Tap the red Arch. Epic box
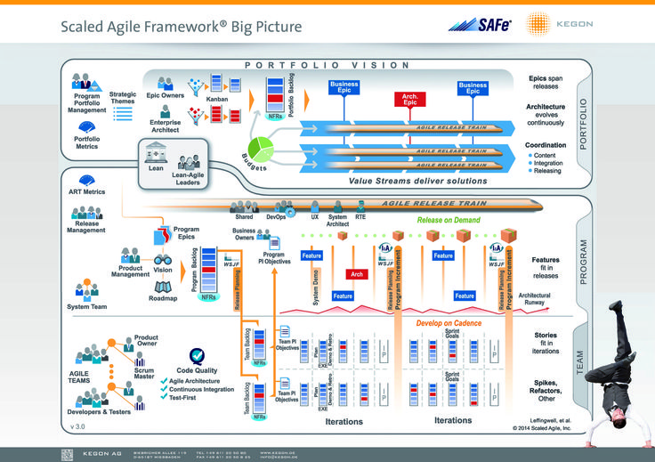[x=410, y=100]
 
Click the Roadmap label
[x=163, y=298]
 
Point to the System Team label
[x=86, y=307]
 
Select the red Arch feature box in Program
[x=357, y=274]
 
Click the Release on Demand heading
[x=449, y=220]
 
